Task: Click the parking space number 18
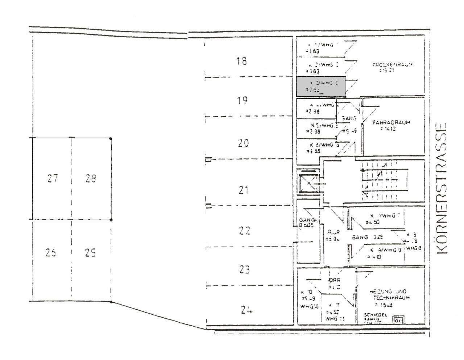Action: click(x=242, y=61)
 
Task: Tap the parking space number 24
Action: click(x=246, y=310)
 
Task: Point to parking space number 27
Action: click(x=53, y=178)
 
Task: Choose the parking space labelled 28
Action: click(x=91, y=178)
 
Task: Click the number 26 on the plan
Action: click(x=51, y=252)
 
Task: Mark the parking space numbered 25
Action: click(x=90, y=252)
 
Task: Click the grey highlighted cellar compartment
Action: click(x=321, y=87)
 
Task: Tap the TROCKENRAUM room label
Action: click(x=393, y=65)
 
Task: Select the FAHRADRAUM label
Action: click(x=391, y=122)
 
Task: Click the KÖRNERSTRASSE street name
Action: click(x=440, y=189)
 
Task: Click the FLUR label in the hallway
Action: click(x=333, y=232)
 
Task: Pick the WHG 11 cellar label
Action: click(x=335, y=319)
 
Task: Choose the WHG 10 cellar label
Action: click(x=309, y=306)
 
